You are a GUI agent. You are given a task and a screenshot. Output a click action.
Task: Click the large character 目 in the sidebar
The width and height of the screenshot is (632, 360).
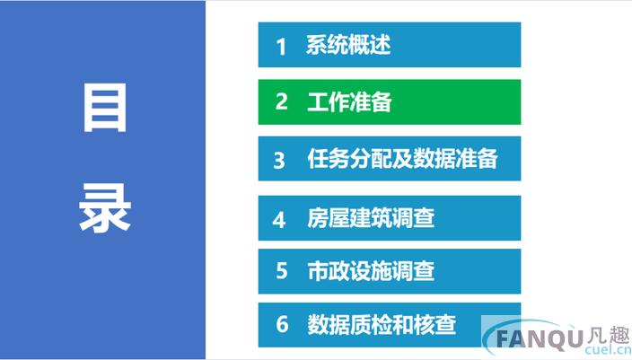(x=105, y=110)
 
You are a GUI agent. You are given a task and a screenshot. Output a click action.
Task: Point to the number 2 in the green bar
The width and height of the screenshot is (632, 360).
(x=281, y=102)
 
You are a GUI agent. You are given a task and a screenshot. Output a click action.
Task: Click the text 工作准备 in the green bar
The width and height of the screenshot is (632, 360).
(x=349, y=102)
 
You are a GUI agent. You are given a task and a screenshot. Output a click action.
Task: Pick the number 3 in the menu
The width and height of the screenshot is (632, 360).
(x=280, y=160)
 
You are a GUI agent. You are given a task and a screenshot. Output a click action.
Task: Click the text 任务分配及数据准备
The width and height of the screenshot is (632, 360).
(x=401, y=159)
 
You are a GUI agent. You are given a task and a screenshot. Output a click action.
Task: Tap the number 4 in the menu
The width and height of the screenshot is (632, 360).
(x=280, y=218)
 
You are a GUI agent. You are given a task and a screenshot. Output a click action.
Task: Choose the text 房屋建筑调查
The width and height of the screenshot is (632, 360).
(x=371, y=217)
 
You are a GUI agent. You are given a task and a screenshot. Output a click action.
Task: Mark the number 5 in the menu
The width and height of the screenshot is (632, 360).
(x=281, y=271)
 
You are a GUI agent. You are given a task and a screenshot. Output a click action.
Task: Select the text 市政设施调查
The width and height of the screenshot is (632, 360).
(x=371, y=271)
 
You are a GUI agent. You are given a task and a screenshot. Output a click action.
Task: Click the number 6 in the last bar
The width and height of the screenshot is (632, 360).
(x=282, y=324)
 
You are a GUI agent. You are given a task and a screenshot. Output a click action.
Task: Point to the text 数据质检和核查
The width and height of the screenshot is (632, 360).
(x=382, y=324)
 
